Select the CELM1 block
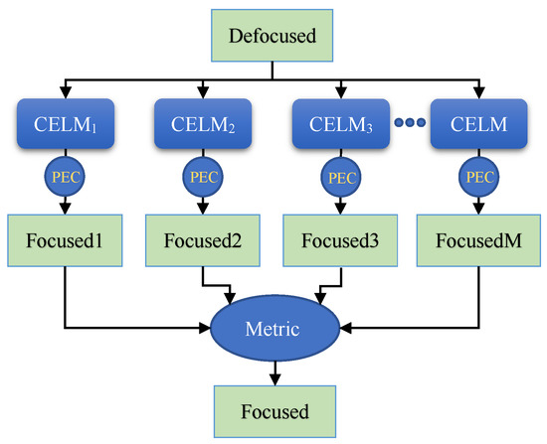64,126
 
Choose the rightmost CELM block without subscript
477,126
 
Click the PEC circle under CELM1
64,179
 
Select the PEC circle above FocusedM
477,179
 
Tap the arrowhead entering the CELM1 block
64,94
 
